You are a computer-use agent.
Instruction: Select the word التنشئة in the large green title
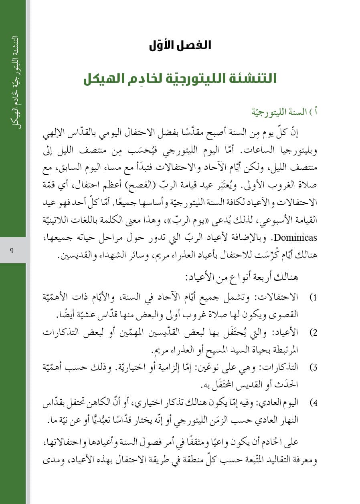(253, 78)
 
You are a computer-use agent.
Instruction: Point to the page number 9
(12, 251)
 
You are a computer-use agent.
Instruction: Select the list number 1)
(313, 298)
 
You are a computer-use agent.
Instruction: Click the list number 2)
(313, 333)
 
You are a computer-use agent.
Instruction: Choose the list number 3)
(313, 368)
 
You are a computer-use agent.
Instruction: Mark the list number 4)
(313, 403)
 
